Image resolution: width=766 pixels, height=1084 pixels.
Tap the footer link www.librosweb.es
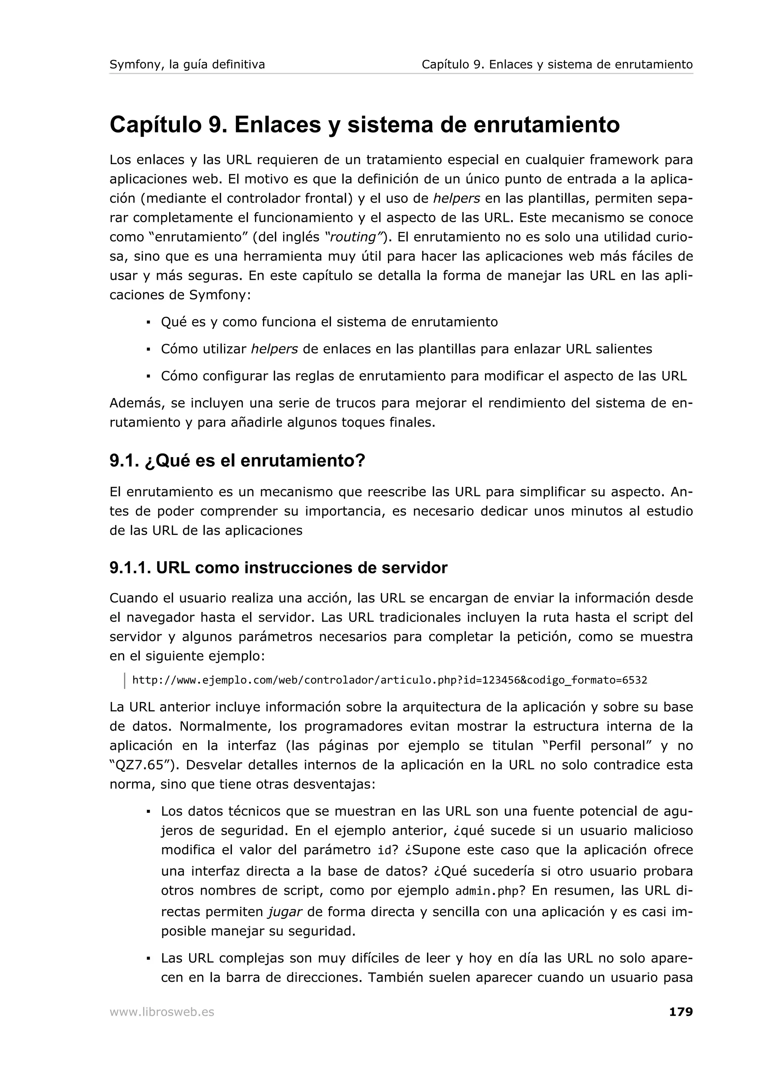(162, 1012)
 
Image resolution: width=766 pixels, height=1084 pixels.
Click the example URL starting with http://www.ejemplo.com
(389, 680)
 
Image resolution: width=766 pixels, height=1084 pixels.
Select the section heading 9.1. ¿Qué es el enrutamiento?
(238, 461)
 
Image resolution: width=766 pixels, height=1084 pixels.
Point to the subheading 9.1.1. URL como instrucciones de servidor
(278, 567)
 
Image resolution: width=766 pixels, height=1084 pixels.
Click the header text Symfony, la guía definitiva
(187, 65)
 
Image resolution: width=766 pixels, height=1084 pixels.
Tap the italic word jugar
(285, 911)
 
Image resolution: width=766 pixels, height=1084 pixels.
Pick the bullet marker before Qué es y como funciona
(148, 322)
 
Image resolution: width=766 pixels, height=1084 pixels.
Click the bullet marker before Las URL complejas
(148, 958)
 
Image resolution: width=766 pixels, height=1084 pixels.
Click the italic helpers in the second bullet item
(274, 349)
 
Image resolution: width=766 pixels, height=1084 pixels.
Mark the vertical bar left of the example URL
(125, 680)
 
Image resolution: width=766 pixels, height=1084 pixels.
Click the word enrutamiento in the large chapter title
(546, 125)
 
